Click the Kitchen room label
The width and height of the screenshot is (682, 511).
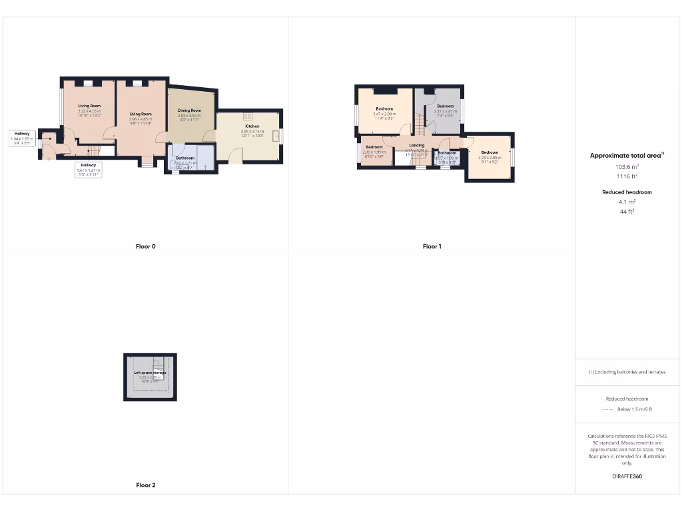coord(252,126)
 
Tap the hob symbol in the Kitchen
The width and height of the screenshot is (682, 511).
coord(248,116)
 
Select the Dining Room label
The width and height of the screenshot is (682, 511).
coord(189,110)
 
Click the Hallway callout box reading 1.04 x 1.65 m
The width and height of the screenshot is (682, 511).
coord(22,138)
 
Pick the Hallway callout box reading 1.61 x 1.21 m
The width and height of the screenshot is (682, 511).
coord(89,170)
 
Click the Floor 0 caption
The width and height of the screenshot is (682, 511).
coord(145,246)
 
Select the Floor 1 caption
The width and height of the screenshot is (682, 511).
coord(432,246)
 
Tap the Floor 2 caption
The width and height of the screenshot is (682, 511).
coord(145,485)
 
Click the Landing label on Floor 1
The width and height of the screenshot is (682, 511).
coord(416,145)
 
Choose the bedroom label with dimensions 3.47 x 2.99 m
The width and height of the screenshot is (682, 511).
coord(384,109)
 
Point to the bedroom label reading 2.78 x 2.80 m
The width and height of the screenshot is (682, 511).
coord(490,153)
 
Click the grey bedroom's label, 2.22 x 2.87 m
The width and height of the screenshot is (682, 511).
coord(446,106)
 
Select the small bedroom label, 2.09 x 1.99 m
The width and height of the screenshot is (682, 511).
coord(374,147)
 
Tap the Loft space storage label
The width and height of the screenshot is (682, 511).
coord(150,373)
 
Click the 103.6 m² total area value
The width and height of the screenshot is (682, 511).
coord(627,167)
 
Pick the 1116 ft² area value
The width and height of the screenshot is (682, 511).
coord(627,176)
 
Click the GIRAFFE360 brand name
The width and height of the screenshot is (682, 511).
coord(627,476)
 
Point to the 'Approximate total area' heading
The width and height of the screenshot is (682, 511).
coord(626,156)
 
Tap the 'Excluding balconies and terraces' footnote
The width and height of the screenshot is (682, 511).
coord(627,372)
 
